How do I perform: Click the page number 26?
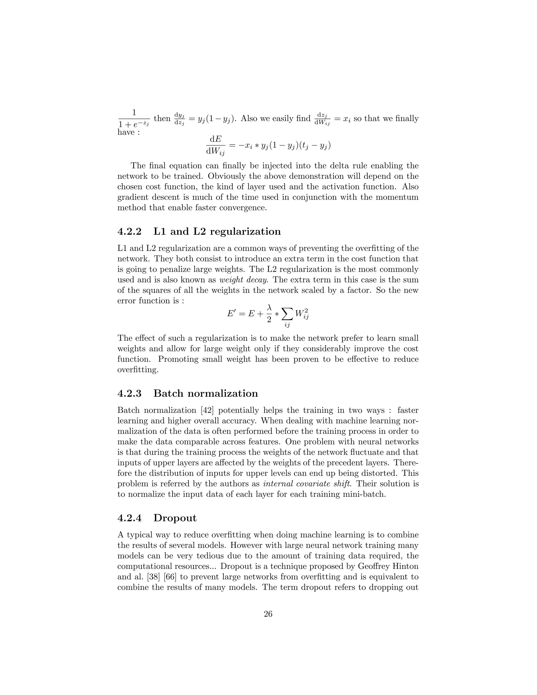coord(268,614)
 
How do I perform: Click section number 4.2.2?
coord(129,231)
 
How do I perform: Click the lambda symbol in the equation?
coord(269,308)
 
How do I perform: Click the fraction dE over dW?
coord(215,145)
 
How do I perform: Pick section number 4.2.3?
coord(129,393)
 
